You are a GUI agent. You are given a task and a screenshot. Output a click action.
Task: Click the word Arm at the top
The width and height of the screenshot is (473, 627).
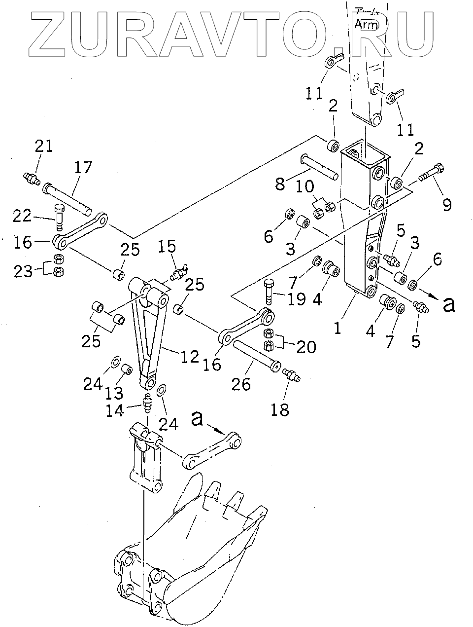click(366, 25)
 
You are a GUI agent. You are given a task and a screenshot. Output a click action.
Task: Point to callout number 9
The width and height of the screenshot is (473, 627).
click(446, 204)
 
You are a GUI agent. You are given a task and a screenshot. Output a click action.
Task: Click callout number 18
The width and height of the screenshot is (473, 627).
click(280, 409)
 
